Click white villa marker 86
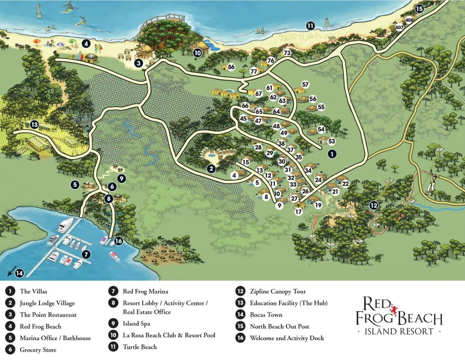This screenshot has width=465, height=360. click(231, 67)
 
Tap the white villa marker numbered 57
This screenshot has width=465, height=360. click(305, 85)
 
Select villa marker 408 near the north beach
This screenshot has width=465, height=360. click(409, 20)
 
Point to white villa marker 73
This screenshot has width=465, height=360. click(287, 53)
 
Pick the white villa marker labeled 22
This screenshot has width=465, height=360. click(345, 184)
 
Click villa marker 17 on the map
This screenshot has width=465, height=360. click(298, 212)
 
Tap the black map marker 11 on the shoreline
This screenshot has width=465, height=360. click(310, 26)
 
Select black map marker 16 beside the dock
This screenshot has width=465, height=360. click(118, 241)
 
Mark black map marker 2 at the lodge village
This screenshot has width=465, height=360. click(211, 168)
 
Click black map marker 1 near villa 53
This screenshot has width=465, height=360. click(332, 154)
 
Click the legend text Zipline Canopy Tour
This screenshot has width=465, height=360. click(277, 292)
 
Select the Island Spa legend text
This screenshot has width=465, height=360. click(136, 324)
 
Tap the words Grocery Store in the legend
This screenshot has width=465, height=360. click(38, 350)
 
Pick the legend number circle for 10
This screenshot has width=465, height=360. click(113, 335)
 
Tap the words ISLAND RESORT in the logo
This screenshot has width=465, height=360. click(399, 331)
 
